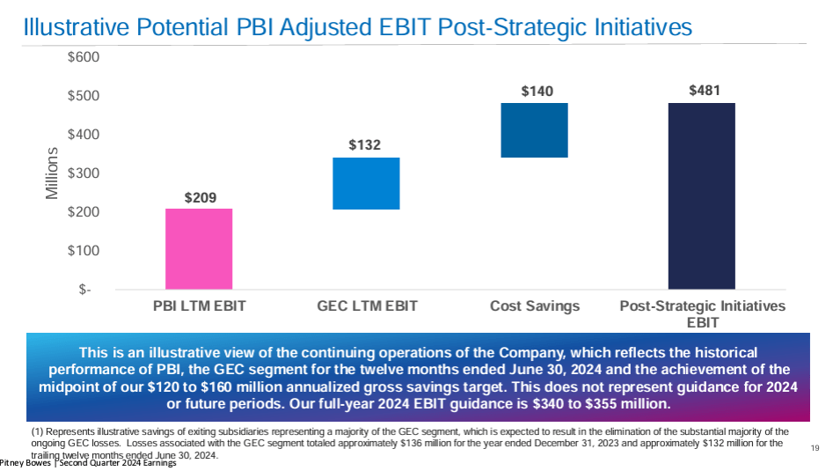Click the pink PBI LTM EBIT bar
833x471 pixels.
199,248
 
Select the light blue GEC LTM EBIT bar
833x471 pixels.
366,183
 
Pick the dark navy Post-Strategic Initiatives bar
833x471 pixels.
701,195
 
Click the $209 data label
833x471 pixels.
200,197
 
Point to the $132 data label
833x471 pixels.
364,145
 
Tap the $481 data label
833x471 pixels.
704,91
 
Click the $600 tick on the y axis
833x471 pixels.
84,57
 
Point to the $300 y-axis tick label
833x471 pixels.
84,173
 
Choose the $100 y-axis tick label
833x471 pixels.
84,251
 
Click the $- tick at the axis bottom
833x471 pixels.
86,290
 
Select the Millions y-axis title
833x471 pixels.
52,173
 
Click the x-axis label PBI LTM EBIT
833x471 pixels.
199,306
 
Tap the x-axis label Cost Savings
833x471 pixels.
535,306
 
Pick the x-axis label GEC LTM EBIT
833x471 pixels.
367,306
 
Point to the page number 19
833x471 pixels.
815,449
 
